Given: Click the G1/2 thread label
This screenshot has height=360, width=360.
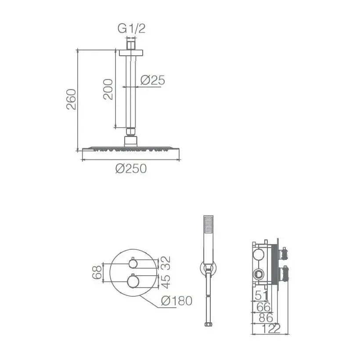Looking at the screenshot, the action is click(131, 29).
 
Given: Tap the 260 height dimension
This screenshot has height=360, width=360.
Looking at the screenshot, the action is click(71, 99).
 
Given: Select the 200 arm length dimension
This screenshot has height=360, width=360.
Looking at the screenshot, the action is click(108, 89).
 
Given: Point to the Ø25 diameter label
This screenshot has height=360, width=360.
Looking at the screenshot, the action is click(153, 80).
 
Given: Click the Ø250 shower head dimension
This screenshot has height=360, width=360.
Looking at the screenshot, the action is click(131, 169).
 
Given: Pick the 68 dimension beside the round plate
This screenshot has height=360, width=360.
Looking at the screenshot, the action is click(97, 272).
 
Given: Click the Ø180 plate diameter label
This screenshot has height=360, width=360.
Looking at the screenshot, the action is click(176, 301).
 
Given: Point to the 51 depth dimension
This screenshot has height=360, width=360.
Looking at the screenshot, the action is click(262, 295).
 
